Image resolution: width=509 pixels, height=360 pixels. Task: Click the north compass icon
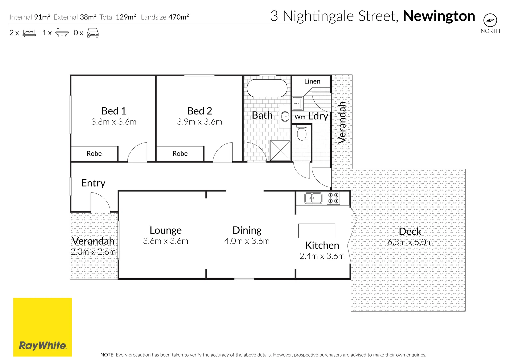click(x=490, y=20)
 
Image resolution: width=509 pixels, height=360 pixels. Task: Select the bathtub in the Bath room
click(x=267, y=88)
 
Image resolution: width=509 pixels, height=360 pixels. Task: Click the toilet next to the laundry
click(x=302, y=133)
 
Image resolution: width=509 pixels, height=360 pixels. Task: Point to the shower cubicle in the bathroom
click(x=280, y=151)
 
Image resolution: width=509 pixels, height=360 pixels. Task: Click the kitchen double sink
click(x=313, y=198)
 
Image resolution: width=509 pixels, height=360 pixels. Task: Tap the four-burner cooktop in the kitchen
click(x=333, y=198)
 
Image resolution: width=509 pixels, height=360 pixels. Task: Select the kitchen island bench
click(x=316, y=231)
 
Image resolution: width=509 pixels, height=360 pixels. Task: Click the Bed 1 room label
click(x=114, y=111)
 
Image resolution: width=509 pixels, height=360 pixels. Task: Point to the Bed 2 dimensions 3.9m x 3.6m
click(x=199, y=122)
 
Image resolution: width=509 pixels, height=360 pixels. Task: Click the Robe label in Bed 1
click(x=94, y=154)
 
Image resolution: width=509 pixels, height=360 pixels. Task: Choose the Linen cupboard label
click(x=312, y=81)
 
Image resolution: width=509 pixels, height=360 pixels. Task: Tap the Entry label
click(x=93, y=183)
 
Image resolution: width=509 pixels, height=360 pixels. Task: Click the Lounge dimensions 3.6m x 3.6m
click(x=166, y=241)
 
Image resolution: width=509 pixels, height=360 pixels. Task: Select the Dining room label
click(x=247, y=230)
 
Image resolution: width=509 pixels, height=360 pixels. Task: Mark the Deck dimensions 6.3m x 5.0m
click(x=410, y=242)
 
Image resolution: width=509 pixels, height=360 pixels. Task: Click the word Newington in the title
click(x=439, y=16)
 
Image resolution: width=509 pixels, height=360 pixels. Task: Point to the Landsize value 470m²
click(x=179, y=17)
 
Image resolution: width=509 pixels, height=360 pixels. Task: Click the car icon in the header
click(x=93, y=33)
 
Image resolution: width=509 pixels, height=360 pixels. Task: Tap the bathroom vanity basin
click(x=285, y=116)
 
